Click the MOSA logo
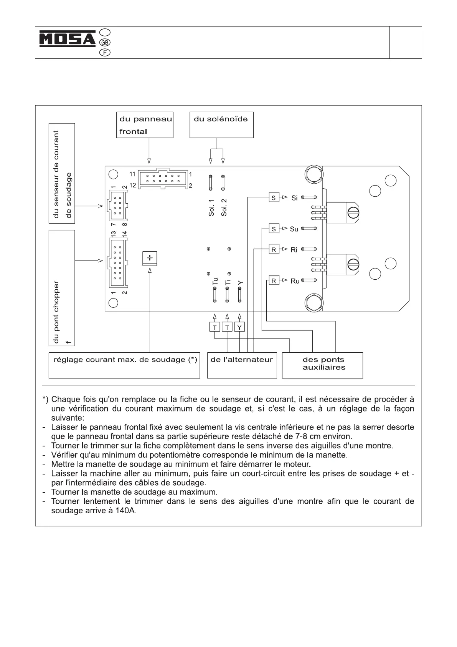tap(68, 39)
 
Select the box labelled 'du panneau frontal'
tap(145, 125)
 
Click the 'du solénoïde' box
tap(221, 125)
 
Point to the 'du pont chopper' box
tap(62, 288)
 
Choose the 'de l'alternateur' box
tap(242, 365)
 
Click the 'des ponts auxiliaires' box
tap(322, 365)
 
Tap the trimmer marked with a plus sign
tap(150, 258)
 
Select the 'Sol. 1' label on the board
tap(211, 207)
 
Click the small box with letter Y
tap(240, 327)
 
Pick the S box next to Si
tap(274, 198)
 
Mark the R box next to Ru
tap(274, 281)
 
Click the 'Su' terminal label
tap(294, 229)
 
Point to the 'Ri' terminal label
tap(294, 250)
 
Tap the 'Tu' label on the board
tap(215, 281)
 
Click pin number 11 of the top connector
tap(132, 174)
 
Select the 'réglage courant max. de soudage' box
tap(124, 365)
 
